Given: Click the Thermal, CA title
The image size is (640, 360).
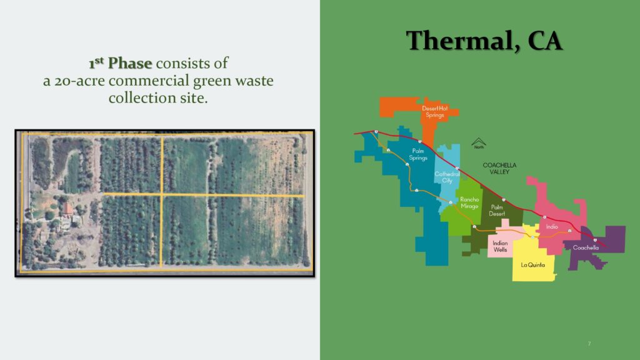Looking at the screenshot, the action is coord(484,41).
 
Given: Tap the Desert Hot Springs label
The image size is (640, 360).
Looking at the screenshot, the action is coord(435,111).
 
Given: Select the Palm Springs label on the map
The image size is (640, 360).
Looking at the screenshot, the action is coord(418,154).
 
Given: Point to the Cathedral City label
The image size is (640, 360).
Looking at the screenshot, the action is coord(447,177).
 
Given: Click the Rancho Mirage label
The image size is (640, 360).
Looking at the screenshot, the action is coord(469,203).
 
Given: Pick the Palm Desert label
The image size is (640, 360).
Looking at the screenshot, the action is coord(497,210).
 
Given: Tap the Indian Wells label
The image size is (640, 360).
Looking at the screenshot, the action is coord(500,246).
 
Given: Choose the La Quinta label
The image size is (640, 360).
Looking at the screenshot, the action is coord(532,265).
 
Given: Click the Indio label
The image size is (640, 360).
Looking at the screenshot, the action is coord(552,226).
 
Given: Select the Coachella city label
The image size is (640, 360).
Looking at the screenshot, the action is coord(586,247).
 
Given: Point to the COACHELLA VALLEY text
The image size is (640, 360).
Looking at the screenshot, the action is coord(499,168).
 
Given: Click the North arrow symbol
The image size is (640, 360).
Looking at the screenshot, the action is coord(479,143).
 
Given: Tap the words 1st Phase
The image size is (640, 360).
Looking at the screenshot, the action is coord(121,63).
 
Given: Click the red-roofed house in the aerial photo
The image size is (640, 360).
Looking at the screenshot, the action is coord(67,209).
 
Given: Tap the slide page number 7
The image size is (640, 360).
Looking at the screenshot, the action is coord(589,344).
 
